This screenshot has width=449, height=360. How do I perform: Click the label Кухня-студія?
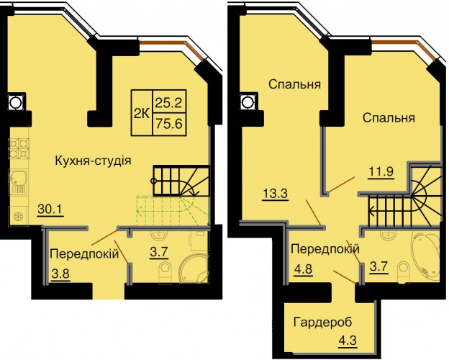pyautogui.click(x=93, y=161)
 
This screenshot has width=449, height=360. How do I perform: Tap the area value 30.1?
pyautogui.click(x=50, y=210)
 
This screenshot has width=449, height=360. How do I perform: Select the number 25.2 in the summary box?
pyautogui.click(x=169, y=103)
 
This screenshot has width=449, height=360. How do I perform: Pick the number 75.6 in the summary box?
pyautogui.click(x=169, y=124)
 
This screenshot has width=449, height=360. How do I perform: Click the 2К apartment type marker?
pyautogui.click(x=142, y=114)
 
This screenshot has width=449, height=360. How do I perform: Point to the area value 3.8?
pyautogui.click(x=61, y=274)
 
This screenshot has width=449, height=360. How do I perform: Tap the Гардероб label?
pyautogui.click(x=322, y=323)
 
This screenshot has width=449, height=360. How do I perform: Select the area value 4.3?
pyautogui.click(x=348, y=341)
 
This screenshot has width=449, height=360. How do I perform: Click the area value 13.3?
pyautogui.click(x=275, y=194)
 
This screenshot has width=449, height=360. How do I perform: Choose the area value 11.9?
pyautogui.click(x=381, y=172)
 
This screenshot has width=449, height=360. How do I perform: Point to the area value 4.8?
pyautogui.click(x=303, y=269)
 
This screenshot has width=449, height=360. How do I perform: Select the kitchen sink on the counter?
pyautogui.click(x=19, y=182)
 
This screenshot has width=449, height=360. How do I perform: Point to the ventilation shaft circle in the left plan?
pyautogui.click(x=14, y=102)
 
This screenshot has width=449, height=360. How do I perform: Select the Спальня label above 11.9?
pyautogui.click(x=389, y=118)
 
